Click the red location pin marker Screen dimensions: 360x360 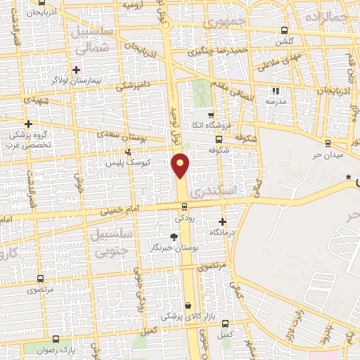click(181, 165)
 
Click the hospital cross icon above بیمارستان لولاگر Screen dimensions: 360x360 click(76, 70)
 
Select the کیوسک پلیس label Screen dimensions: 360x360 click(125, 162)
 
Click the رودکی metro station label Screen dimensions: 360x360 click(184, 218)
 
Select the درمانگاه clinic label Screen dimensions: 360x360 click(222, 232)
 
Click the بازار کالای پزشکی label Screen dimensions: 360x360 click(183, 317)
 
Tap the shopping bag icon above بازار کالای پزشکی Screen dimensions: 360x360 click(188, 305)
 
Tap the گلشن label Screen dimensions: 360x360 click(284, 41)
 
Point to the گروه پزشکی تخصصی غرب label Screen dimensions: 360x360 click(27, 139)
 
